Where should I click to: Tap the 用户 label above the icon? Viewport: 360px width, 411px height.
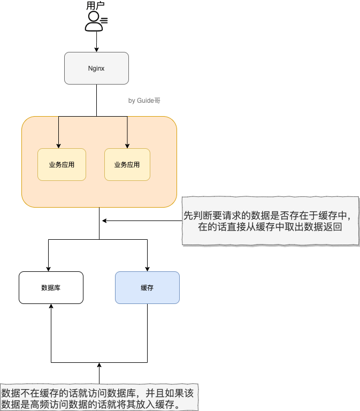click(96, 6)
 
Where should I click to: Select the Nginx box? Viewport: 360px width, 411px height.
click(96, 68)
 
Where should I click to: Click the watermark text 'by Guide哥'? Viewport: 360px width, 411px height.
click(144, 100)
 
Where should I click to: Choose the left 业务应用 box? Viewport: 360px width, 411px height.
click(62, 164)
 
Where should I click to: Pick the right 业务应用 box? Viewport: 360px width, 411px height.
click(127, 164)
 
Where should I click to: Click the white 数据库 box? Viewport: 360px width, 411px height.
click(51, 288)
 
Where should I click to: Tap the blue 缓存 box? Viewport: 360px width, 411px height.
click(147, 288)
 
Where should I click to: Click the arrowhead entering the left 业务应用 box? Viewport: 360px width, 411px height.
click(58, 146)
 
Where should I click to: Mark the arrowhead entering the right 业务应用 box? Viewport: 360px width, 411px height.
click(127, 146)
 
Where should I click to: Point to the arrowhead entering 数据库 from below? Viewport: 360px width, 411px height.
click(51, 307)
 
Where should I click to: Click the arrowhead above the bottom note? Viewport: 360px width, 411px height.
click(99, 365)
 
